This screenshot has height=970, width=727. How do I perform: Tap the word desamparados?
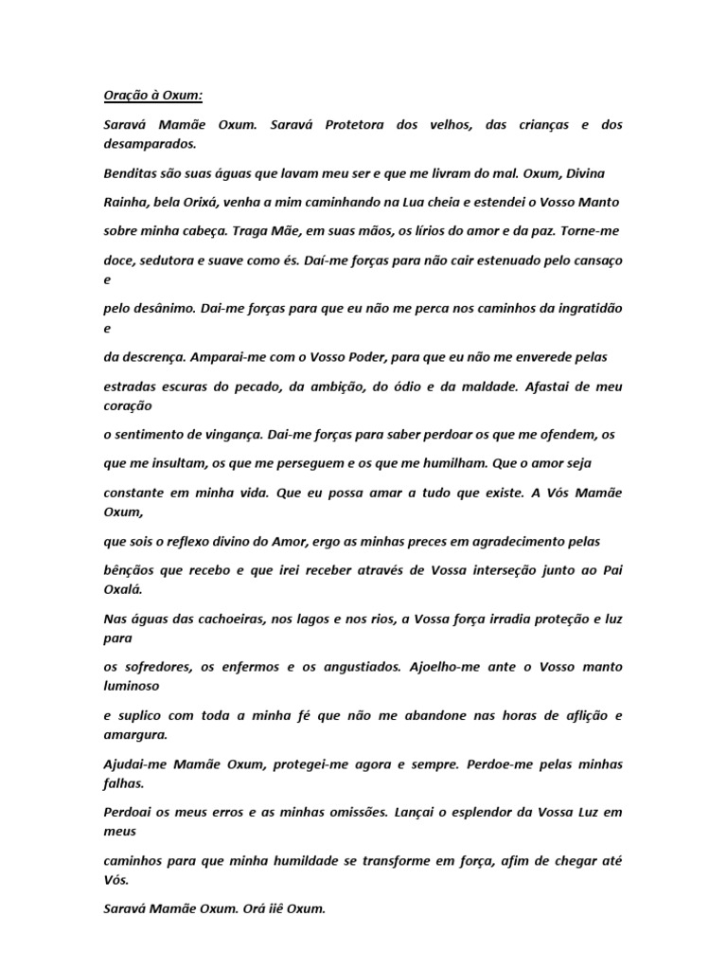point(150,145)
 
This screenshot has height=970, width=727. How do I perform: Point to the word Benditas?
point(130,175)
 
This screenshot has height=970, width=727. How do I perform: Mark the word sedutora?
point(178,259)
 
